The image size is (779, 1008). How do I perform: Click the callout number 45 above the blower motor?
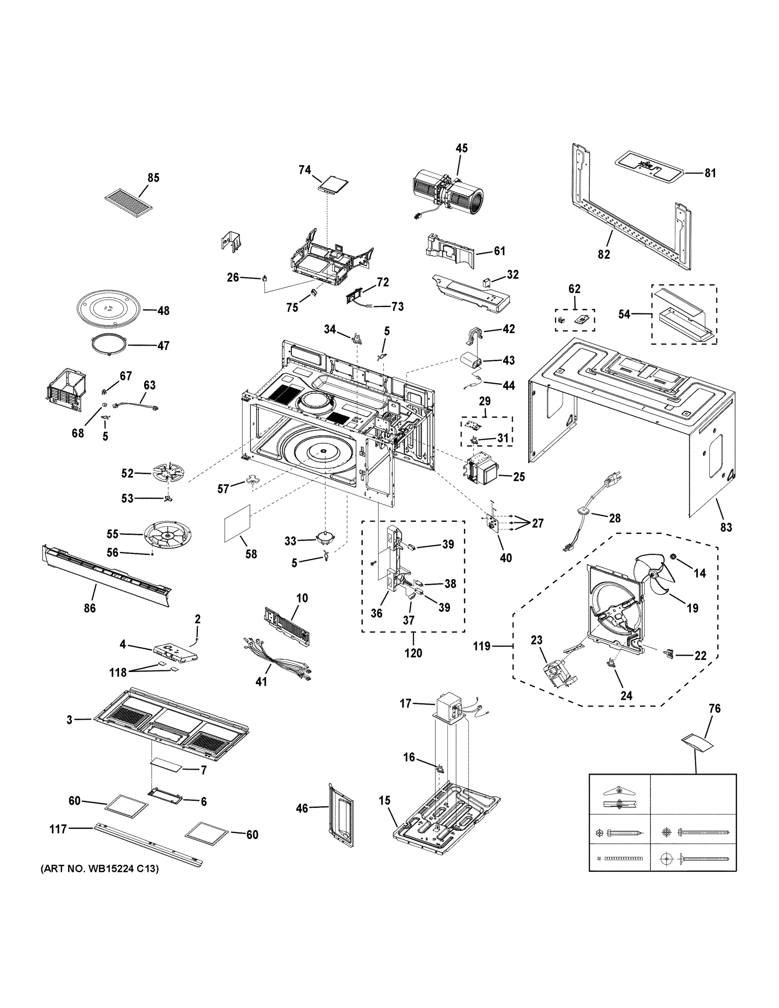pos(462,148)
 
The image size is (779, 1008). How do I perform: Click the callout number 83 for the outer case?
pos(726,527)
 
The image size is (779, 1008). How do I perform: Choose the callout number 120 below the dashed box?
pos(413,653)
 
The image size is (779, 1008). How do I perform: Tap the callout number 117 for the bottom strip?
pos(58,829)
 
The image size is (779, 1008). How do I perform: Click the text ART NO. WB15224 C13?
pos(100,869)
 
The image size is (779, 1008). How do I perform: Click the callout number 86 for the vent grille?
pos(89,608)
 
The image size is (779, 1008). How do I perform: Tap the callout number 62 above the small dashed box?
pos(574,289)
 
